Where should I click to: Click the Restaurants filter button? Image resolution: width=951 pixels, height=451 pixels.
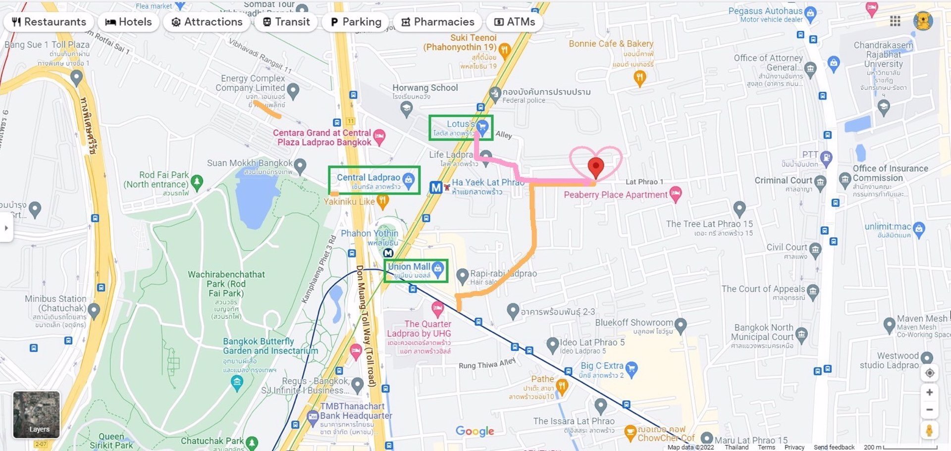pyautogui.click(x=49, y=22)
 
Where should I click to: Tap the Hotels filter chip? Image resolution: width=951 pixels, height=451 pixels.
pyautogui.click(x=128, y=22)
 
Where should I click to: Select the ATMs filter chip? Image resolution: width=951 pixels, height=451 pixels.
pyautogui.click(x=514, y=22)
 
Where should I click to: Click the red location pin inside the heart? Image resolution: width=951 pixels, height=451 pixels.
pyautogui.click(x=595, y=167)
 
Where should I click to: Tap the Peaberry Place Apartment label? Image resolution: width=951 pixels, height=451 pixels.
pyautogui.click(x=615, y=195)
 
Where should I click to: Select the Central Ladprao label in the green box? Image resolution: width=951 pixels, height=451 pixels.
pyautogui.click(x=368, y=177)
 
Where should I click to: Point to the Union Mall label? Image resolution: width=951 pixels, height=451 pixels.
pyautogui.click(x=409, y=266)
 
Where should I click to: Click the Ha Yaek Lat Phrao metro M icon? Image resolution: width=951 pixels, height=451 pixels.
pyautogui.click(x=435, y=188)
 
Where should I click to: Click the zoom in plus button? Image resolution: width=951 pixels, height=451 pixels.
pyautogui.click(x=929, y=392)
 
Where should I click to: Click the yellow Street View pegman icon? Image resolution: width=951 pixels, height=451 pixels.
pyautogui.click(x=929, y=430)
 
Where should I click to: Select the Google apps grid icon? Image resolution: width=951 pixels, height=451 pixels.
pyautogui.click(x=895, y=21)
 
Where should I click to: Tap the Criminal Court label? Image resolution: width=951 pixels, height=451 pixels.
pyautogui.click(x=783, y=180)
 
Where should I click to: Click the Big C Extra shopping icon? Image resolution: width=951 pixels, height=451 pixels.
pyautogui.click(x=631, y=368)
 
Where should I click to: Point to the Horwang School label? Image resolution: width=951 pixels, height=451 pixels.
pyautogui.click(x=425, y=88)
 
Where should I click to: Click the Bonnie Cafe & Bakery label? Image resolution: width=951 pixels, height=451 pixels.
pyautogui.click(x=611, y=44)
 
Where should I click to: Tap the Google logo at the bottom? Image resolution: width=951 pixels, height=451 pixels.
pyautogui.click(x=475, y=431)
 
